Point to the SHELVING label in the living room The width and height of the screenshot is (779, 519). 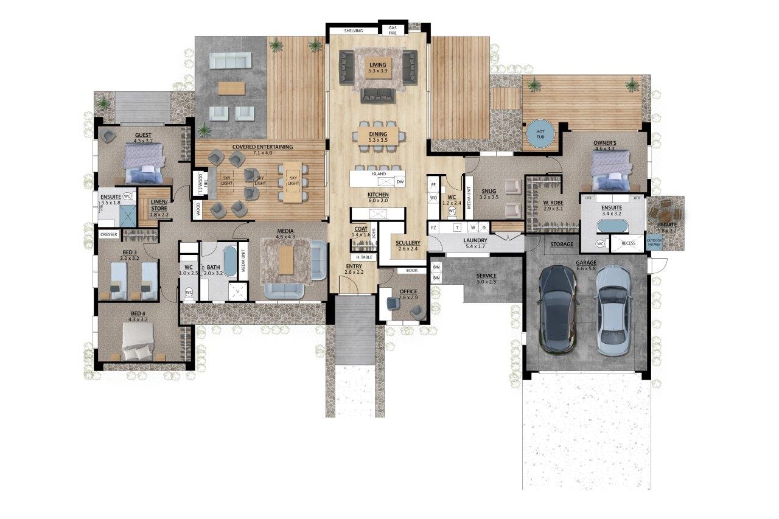click(x=354, y=30)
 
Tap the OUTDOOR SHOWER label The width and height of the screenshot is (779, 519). click(x=654, y=243)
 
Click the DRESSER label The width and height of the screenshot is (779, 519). click(x=109, y=234)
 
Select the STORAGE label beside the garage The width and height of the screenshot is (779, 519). click(x=562, y=244)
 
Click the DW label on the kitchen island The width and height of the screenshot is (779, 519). click(x=400, y=181)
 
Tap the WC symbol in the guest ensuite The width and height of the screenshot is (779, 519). click(x=128, y=197)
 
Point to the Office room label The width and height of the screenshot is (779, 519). click(x=408, y=292)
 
